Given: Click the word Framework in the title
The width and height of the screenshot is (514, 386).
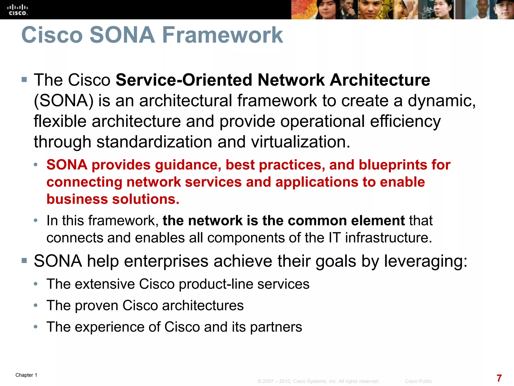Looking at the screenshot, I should [223, 35].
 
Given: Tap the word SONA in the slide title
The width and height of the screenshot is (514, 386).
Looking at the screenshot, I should [122, 35].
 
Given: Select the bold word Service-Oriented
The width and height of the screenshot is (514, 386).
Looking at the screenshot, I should [184, 80].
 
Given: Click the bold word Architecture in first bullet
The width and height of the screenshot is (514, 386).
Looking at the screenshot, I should [380, 80].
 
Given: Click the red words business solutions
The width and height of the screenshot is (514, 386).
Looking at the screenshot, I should [113, 199].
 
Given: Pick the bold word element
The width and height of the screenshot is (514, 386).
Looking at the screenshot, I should [378, 221].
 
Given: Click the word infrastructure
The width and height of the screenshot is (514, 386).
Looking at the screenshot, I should [388, 238].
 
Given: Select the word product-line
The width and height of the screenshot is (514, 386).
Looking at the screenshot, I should [216, 284].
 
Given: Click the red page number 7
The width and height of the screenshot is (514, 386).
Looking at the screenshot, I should [499, 378].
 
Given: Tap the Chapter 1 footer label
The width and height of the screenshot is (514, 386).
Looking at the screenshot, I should [26, 375].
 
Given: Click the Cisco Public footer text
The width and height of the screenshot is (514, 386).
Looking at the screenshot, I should [419, 381].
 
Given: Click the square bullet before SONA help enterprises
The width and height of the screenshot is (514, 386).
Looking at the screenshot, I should [24, 260].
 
